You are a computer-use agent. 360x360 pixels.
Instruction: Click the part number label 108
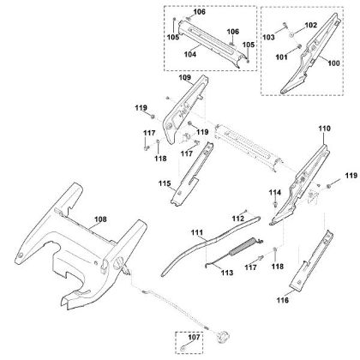pos(100,219)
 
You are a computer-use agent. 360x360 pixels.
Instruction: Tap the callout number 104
pos(190,54)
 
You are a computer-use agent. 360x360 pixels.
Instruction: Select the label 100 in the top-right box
pos(333,63)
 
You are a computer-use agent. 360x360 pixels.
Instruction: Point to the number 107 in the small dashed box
pos(194,337)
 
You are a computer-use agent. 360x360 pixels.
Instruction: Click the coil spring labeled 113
pos(242,246)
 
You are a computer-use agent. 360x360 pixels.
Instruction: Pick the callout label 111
pos(197,233)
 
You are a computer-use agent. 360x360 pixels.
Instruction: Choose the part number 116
pos(283,300)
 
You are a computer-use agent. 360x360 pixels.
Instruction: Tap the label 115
pos(165,183)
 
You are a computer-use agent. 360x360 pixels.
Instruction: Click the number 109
pos(185,77)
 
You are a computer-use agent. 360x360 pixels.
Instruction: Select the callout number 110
pos(325,129)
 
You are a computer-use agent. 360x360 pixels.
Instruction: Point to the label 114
pos(275,193)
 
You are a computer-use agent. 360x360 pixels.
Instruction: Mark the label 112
pos(238,219)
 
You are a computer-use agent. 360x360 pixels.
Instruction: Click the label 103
pos(268,37)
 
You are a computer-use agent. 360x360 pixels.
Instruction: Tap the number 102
pos(311,25)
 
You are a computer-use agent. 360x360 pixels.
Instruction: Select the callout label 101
pos(281,57)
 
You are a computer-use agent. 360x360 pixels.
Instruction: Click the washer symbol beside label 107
pos(183,349)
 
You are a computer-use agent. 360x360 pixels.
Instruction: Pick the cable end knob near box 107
pos(223,336)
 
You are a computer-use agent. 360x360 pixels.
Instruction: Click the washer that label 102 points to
pos(291,34)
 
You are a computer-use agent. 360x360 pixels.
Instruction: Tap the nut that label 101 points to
pos(299,46)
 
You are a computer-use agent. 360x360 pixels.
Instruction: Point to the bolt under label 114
pos(275,204)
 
